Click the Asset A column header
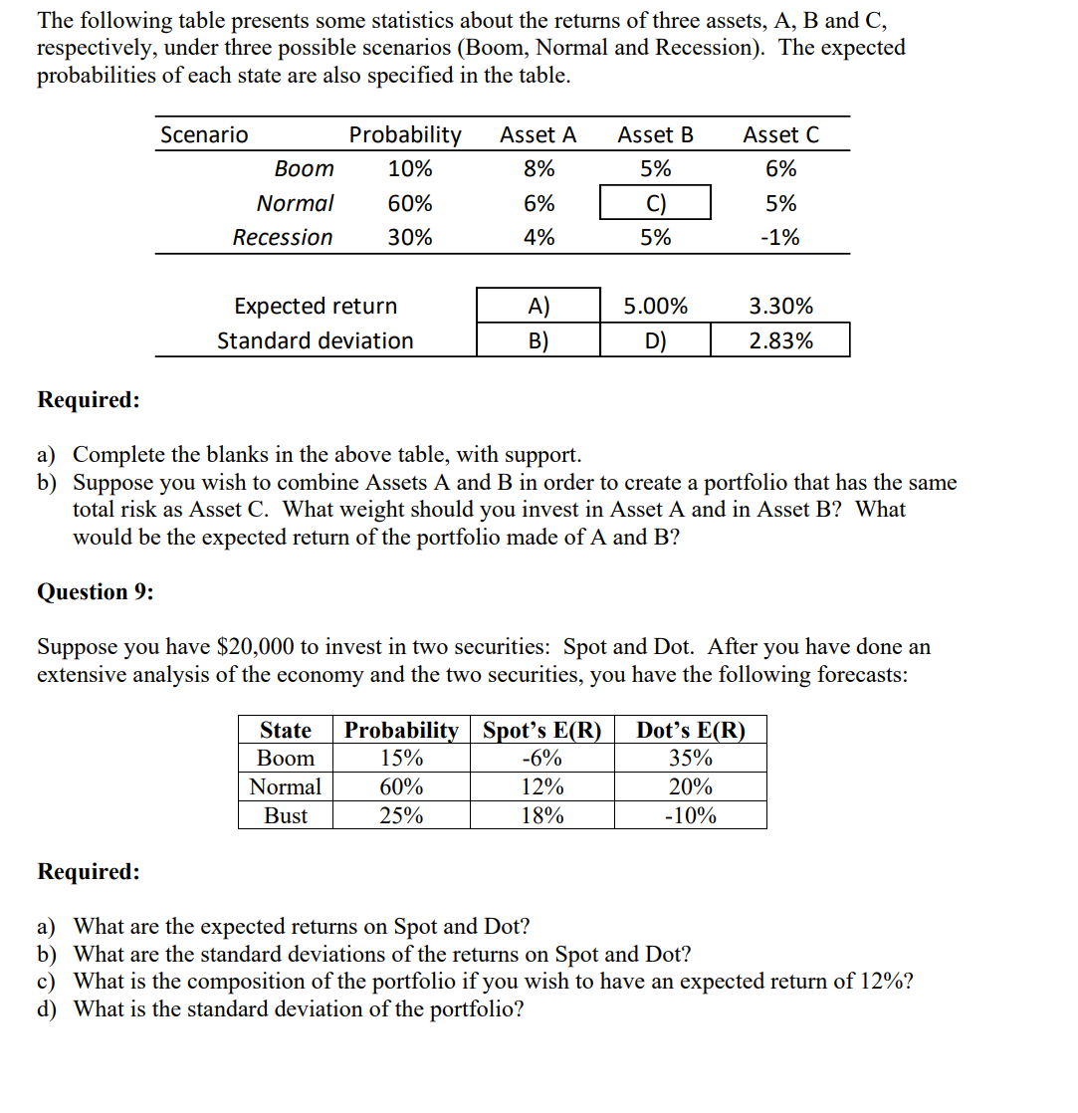[538, 134]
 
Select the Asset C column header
[780, 134]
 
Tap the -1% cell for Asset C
[781, 238]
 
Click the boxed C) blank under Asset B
[655, 203]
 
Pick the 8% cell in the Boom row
[539, 169]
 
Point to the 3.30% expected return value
[780, 306]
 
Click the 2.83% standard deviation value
[780, 340]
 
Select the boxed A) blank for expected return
[539, 306]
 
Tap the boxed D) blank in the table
[655, 340]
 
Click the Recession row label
[283, 238]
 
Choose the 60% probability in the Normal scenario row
[410, 203]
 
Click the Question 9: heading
[96, 592]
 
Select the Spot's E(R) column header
[542, 730]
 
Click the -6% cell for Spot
[542, 759]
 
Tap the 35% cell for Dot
[690, 759]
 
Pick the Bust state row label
[286, 816]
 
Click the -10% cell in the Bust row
[690, 816]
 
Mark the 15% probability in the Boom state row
[401, 759]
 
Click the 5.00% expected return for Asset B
[655, 306]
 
